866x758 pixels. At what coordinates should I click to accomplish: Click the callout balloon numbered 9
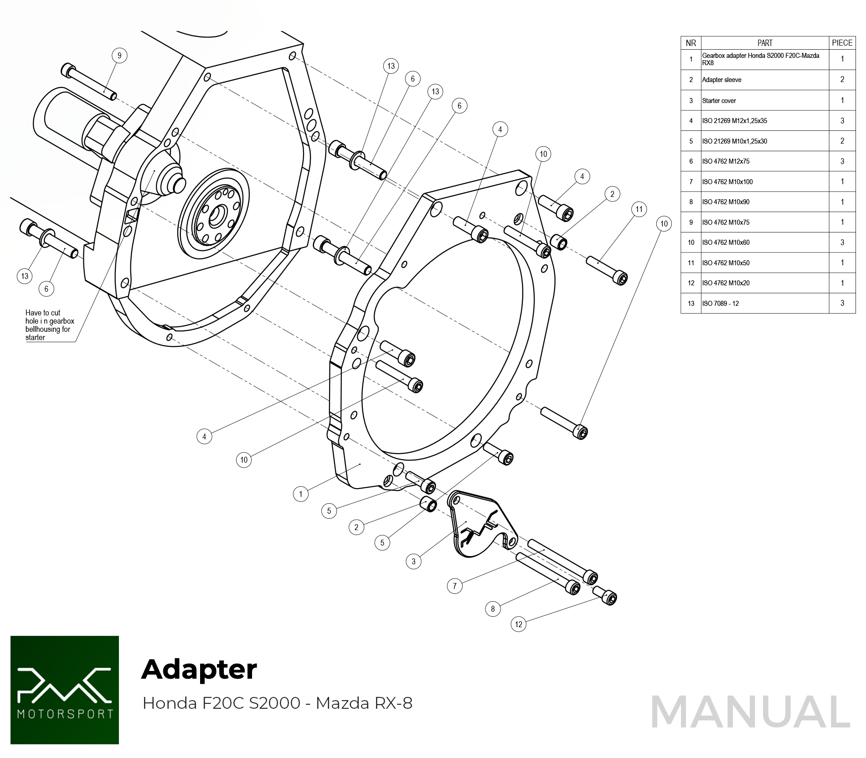click(x=119, y=56)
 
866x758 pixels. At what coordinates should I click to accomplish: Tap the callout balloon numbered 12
click(x=518, y=624)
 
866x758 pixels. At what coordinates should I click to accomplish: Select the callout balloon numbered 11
click(x=639, y=209)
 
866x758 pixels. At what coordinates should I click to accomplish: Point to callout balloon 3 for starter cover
click(x=413, y=561)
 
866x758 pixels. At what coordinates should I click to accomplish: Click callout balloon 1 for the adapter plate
click(x=300, y=494)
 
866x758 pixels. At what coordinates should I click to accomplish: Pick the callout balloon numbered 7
click(x=454, y=586)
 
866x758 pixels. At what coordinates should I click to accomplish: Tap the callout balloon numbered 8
click(x=493, y=608)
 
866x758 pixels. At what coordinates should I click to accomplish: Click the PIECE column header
click(x=842, y=43)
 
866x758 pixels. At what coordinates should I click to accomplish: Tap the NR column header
click(x=691, y=43)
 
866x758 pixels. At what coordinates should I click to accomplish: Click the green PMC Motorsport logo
click(x=65, y=690)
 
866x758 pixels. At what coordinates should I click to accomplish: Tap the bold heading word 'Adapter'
click(x=199, y=669)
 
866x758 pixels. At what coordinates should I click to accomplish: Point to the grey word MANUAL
click(x=750, y=712)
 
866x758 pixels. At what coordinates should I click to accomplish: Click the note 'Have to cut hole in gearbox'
click(x=49, y=325)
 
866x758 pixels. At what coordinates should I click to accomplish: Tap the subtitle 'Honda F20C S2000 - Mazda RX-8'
click(x=277, y=703)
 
